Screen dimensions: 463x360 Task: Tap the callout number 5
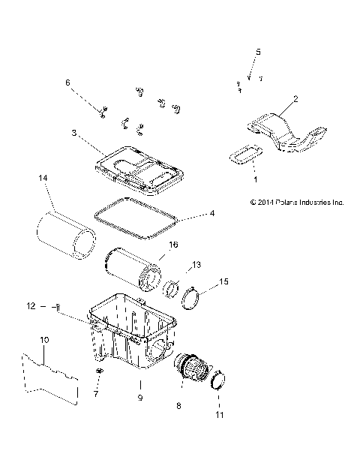[x=258, y=51]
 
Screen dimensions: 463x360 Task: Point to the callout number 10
[x=44, y=340]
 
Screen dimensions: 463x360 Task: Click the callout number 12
[x=52, y=305]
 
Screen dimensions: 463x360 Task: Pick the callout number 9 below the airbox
[x=139, y=398]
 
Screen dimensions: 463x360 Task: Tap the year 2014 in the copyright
[x=248, y=202]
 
